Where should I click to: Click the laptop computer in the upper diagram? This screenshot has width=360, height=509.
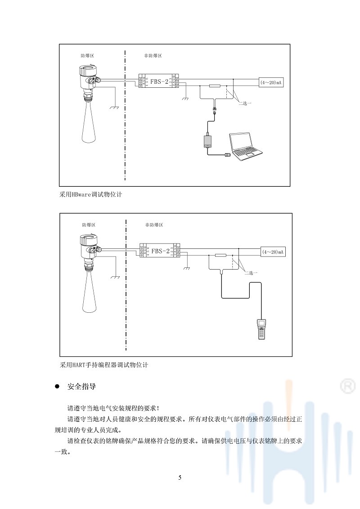(245, 146)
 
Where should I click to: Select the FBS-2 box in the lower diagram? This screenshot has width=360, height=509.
(161, 251)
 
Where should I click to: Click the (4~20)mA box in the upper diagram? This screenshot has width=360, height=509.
(273, 82)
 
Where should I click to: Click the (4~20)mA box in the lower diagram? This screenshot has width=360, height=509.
(273, 252)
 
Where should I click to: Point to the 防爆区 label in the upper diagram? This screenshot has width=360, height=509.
(87, 56)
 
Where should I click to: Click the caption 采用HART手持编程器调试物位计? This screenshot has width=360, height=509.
(104, 365)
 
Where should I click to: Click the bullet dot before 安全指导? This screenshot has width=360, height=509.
(57, 387)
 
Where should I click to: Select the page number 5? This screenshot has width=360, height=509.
(180, 477)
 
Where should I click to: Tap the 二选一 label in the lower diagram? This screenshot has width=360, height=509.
(251, 273)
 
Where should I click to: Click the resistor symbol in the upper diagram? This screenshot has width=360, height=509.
(215, 86)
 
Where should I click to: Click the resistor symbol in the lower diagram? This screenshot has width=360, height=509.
(220, 255)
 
